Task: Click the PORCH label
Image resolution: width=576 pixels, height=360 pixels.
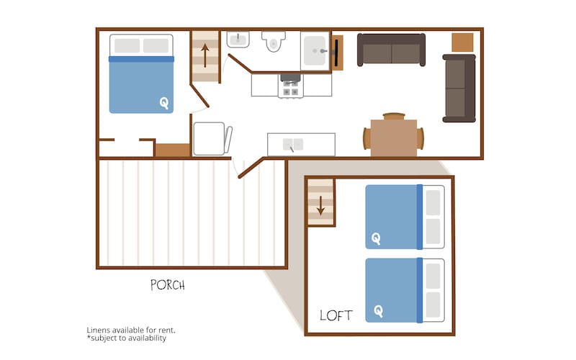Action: click(168, 285)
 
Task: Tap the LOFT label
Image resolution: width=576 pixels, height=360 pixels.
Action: click(336, 315)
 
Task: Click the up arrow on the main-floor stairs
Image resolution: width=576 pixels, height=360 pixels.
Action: click(205, 55)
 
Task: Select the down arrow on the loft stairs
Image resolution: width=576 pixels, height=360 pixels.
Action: click(320, 205)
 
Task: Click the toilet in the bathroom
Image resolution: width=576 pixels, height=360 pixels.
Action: click(274, 41)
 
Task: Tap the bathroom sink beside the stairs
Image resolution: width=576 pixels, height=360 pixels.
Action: click(238, 40)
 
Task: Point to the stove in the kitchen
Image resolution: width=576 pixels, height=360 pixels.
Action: click(291, 86)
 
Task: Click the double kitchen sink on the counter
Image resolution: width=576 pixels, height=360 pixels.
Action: click(293, 145)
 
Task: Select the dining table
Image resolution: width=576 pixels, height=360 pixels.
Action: click(393, 138)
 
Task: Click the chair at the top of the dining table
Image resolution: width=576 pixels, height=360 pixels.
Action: click(394, 117)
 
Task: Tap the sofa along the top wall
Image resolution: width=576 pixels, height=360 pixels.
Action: click(391, 50)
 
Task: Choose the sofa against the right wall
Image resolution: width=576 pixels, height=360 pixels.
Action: click(459, 88)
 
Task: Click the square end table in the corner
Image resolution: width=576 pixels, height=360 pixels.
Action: click(462, 42)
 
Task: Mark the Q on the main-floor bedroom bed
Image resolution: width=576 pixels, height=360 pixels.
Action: click(164, 103)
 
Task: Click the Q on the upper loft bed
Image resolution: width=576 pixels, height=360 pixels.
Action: click(376, 239)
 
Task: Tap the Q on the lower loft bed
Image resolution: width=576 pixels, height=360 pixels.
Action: click(379, 312)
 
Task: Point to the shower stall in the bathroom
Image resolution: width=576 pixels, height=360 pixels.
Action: click(315, 50)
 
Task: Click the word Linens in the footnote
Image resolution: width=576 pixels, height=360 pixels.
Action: click(98, 330)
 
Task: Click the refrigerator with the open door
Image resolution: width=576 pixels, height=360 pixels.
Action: click(212, 139)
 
